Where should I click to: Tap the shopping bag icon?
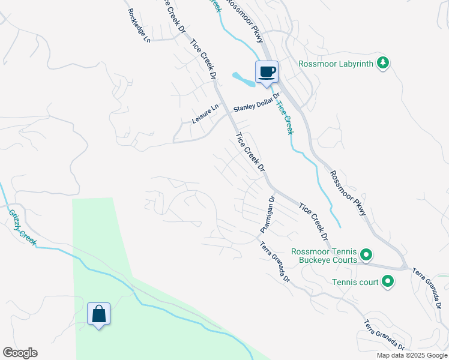(98, 314)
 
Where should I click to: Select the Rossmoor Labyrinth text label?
(336, 63)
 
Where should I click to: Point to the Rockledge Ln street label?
(137, 26)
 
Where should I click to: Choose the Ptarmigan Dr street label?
(267, 214)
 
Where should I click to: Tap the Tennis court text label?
(355, 281)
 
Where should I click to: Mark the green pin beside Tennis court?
(388, 281)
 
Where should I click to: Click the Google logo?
(20, 353)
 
